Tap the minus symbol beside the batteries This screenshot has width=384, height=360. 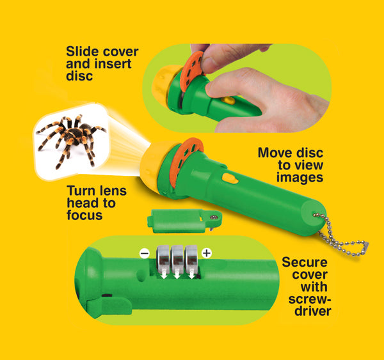145,253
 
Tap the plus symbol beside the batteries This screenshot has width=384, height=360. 206,254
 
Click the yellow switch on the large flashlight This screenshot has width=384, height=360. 230,178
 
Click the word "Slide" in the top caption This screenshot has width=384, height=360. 84,51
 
